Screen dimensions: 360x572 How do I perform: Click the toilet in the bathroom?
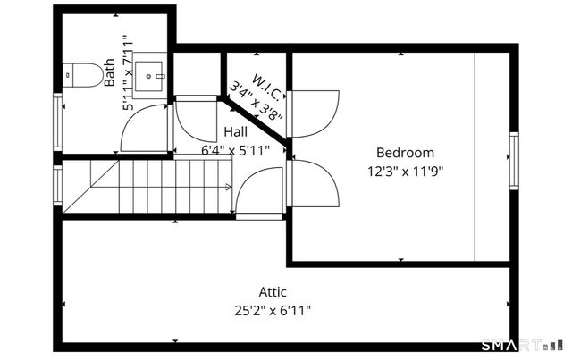tap(86, 75)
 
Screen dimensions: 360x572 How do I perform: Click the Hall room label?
tap(236, 131)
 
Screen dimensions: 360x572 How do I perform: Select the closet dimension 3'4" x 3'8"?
tap(257, 100)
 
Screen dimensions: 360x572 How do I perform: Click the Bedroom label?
tap(405, 153)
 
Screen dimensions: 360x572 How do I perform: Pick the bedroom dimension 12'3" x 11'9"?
tap(405, 170)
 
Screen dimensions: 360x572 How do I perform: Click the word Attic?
tap(273, 291)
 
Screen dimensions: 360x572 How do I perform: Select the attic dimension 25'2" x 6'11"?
tap(273, 310)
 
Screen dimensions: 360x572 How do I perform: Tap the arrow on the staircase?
tap(228, 186)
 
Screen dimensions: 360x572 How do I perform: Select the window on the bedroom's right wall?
tap(513, 159)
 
